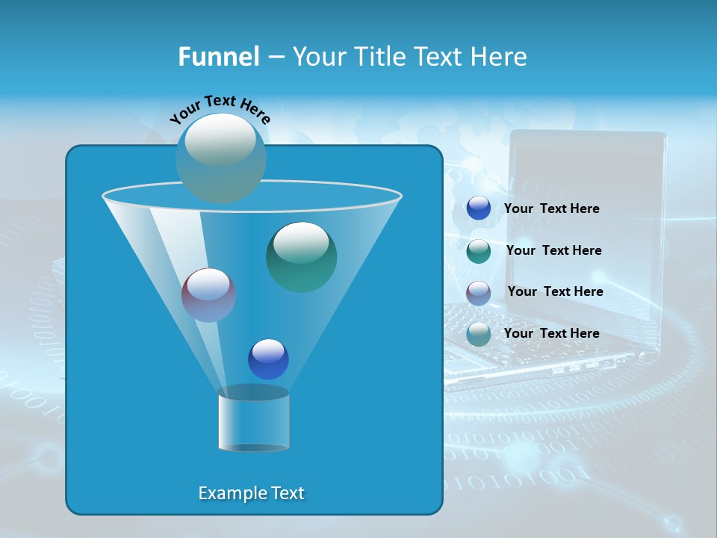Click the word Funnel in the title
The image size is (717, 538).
click(x=218, y=57)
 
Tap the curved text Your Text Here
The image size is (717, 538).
click(x=220, y=108)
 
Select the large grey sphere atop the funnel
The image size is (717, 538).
click(x=221, y=158)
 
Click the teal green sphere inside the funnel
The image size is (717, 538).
click(x=301, y=257)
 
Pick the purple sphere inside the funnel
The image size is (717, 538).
click(x=208, y=295)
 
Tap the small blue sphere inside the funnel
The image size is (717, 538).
click(x=268, y=359)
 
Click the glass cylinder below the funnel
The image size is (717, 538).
click(x=253, y=421)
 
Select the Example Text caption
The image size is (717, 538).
click(x=251, y=493)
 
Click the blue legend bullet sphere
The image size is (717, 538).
click(x=479, y=208)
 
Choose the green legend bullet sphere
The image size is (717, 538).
click(x=479, y=251)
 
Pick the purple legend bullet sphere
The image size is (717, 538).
click(x=479, y=292)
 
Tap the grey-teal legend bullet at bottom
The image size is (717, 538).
click(x=479, y=334)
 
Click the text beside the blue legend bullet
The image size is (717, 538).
click(x=551, y=208)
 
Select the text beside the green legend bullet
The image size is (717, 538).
click(x=553, y=250)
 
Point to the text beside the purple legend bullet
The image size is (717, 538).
click(x=555, y=291)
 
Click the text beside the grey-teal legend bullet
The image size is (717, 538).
click(x=551, y=333)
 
